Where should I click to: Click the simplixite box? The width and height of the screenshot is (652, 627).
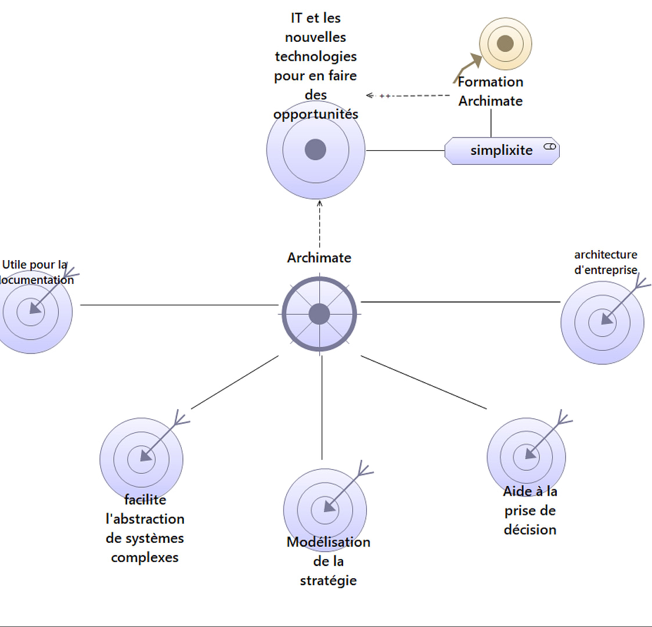pos(502,151)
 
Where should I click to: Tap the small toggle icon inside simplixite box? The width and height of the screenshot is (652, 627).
pos(550,146)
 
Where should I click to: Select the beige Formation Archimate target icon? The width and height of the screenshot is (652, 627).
pos(505,44)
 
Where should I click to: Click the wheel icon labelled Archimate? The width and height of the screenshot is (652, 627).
pos(319,314)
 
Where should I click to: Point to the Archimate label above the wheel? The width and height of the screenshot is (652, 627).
pos(319,258)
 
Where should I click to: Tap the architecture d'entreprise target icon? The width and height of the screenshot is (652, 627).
pos(602,323)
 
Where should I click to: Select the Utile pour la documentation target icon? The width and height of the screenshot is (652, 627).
pos(31,312)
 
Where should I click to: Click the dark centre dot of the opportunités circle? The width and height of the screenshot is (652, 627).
pos(315,149)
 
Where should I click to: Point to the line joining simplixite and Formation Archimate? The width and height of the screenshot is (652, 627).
pos(491,123)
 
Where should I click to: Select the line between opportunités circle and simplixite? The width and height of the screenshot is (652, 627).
pos(405,150)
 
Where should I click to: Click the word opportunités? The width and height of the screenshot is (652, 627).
pos(315,114)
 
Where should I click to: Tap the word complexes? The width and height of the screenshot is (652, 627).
pos(145,558)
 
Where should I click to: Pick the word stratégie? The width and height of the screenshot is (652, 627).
pos(328,581)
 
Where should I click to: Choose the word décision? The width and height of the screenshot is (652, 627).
pos(529,530)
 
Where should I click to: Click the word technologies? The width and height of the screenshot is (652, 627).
pos(315,56)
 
